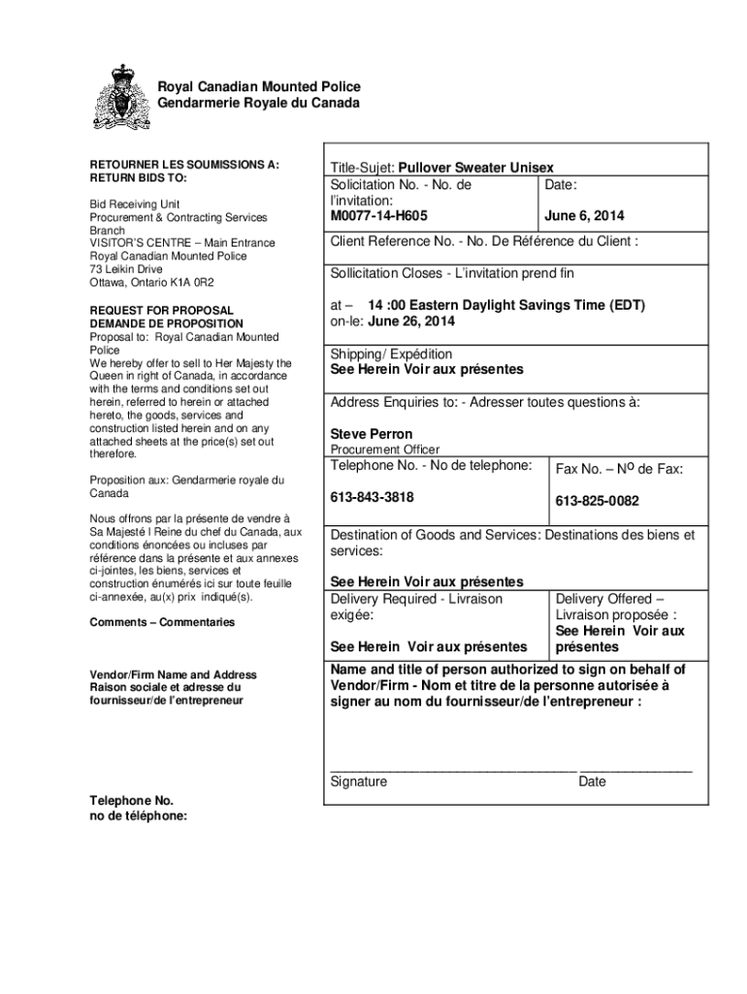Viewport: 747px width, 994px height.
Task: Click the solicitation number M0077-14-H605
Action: pyautogui.click(x=379, y=215)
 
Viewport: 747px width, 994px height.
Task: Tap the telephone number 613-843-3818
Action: pyautogui.click(x=372, y=498)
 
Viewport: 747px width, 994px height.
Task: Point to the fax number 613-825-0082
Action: pyautogui.click(x=597, y=502)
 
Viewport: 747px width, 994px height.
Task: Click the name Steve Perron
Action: pyautogui.click(x=371, y=434)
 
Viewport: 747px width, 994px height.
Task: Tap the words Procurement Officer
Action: pyautogui.click(x=385, y=449)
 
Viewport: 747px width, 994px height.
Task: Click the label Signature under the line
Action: pyautogui.click(x=359, y=781)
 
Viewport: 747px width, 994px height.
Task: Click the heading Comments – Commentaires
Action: pyautogui.click(x=162, y=622)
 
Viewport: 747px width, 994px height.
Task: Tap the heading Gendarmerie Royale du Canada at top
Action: pyautogui.click(x=258, y=103)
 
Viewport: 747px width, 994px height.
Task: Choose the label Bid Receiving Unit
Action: pyautogui.click(x=135, y=205)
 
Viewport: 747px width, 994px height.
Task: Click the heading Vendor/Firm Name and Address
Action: pyautogui.click(x=173, y=675)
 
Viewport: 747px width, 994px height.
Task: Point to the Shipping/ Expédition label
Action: pyautogui.click(x=391, y=354)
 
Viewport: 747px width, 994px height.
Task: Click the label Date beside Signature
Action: pyautogui.click(x=592, y=781)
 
